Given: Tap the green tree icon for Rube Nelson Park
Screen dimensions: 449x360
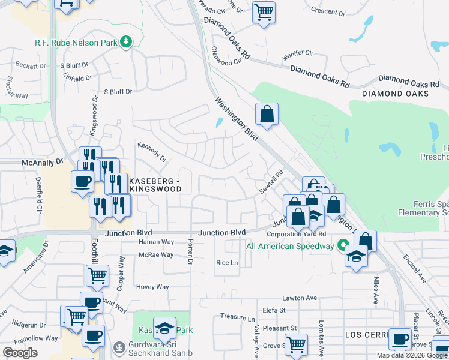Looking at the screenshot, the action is tap(126, 41).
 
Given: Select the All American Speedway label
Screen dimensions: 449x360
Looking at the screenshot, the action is tap(290, 246).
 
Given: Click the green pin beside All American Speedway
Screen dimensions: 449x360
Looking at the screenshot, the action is tap(343, 245).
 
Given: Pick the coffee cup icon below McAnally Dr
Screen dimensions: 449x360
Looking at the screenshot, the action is tap(82, 181).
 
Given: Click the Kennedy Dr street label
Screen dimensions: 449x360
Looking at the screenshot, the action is tap(151, 152).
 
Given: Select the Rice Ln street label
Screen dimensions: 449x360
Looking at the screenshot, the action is tap(227, 263).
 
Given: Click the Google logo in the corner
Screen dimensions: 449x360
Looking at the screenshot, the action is tap(20, 353).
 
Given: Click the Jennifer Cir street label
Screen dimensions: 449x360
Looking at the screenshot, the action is tap(297, 55).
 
